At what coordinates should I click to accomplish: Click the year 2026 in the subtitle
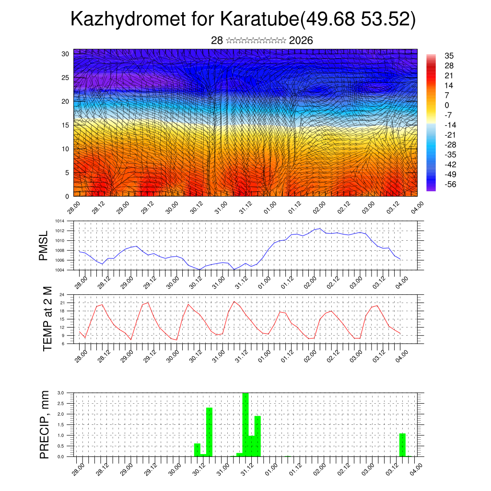pos(301,41)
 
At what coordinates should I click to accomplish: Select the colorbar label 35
pos(449,56)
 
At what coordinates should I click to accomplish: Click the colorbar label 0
pos(447,105)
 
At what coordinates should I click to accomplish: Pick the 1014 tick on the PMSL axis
pos(59,221)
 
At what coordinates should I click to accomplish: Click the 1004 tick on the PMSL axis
pos(59,270)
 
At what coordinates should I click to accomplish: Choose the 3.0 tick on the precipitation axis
pos(61,393)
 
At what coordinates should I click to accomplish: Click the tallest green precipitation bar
pos(245,424)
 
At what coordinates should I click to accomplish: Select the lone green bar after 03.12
pos(402,445)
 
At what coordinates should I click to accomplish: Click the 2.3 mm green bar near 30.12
pos(209,432)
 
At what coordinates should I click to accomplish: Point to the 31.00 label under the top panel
pos(220,208)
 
